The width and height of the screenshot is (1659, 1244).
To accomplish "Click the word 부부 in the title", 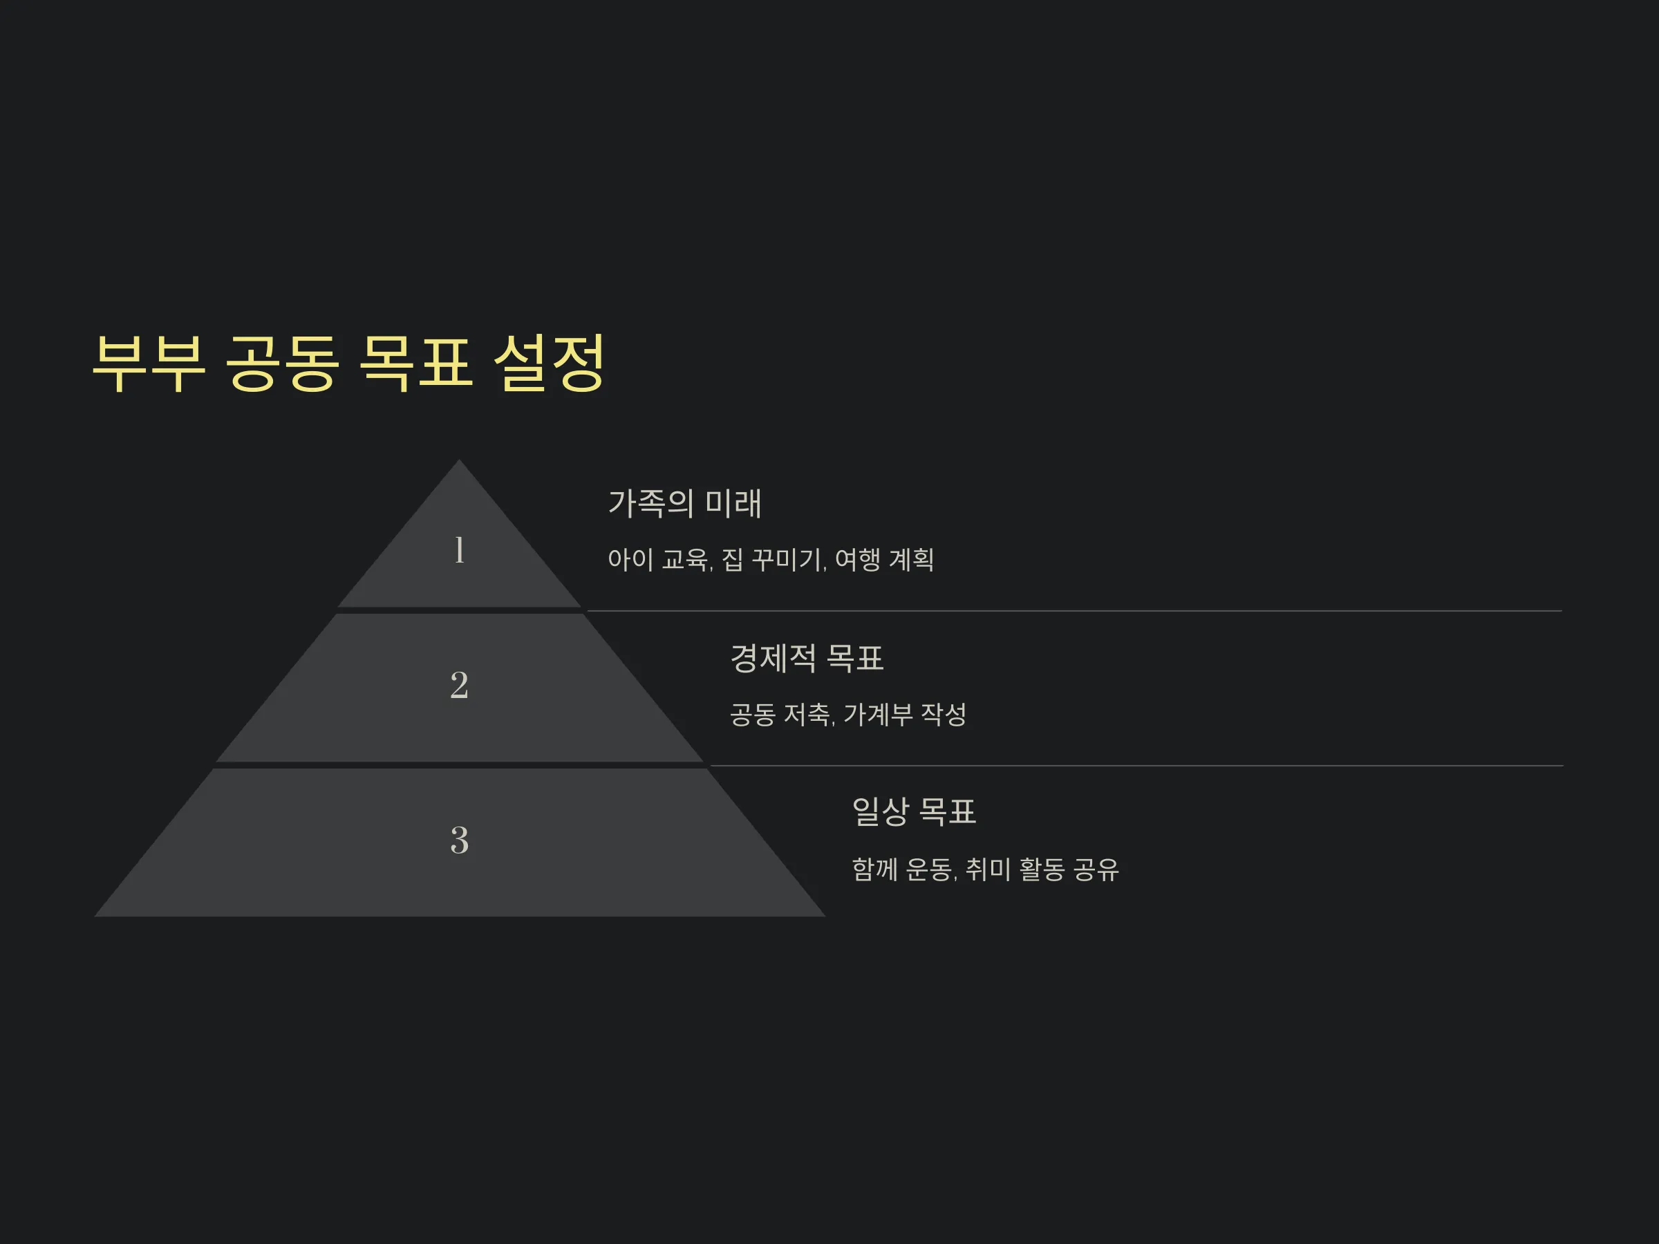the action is pyautogui.click(x=149, y=364).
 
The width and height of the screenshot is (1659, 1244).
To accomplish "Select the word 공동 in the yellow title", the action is pyautogui.click(x=282, y=364).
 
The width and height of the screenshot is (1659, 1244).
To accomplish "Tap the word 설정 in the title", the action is pyautogui.click(x=550, y=364).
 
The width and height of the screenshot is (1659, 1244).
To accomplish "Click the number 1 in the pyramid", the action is pyautogui.click(x=460, y=549).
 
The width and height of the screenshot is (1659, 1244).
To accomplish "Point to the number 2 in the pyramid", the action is pyautogui.click(x=459, y=686).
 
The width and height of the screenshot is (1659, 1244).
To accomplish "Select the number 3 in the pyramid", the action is pyautogui.click(x=459, y=840).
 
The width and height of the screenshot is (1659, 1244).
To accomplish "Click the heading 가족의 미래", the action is pyautogui.click(x=685, y=503).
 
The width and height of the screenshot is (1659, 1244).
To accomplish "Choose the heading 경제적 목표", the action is pyautogui.click(x=807, y=659).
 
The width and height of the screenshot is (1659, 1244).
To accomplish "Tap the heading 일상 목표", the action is pyautogui.click(x=915, y=811).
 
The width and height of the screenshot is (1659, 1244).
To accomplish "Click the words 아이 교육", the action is pyautogui.click(x=659, y=559).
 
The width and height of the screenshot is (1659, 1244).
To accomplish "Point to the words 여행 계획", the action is pyautogui.click(x=884, y=559).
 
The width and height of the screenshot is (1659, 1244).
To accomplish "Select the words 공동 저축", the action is pyautogui.click(x=780, y=715).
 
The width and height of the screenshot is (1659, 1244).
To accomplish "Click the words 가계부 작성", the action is pyautogui.click(x=906, y=715).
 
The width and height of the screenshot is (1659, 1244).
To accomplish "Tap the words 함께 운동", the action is pyautogui.click(x=903, y=870).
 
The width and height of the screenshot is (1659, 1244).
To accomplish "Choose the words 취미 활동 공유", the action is pyautogui.click(x=1042, y=870).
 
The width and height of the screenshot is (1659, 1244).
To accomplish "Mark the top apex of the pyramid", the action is pyautogui.click(x=459, y=460).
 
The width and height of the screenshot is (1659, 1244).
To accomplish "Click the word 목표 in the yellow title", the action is pyautogui.click(x=416, y=364).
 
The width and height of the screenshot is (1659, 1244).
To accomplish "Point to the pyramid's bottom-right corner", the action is pyautogui.click(x=825, y=916).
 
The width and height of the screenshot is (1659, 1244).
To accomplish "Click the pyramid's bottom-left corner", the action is pyautogui.click(x=95, y=916).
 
